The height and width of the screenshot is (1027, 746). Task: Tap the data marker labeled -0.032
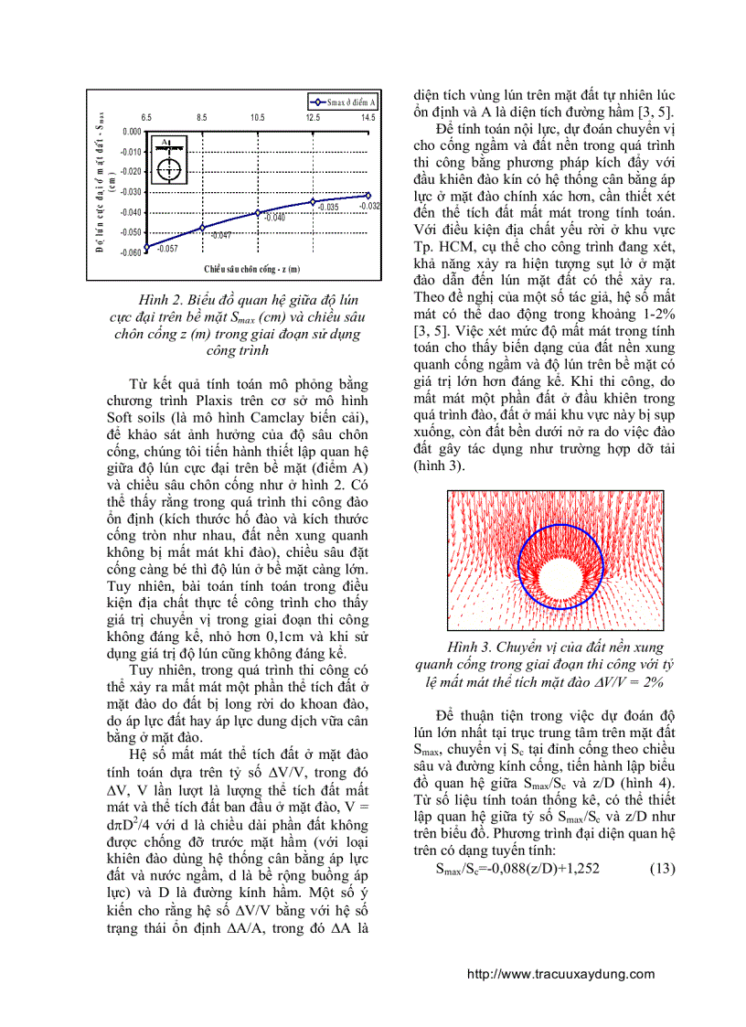tap(368, 195)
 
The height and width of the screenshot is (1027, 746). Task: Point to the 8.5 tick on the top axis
tap(202, 118)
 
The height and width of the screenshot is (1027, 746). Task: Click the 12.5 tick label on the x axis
tap(313, 118)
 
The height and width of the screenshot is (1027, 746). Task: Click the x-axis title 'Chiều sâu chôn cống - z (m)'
tap(252, 269)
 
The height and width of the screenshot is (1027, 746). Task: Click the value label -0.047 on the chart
tap(220, 236)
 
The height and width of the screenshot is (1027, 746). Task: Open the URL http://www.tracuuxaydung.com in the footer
tap(560, 974)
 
